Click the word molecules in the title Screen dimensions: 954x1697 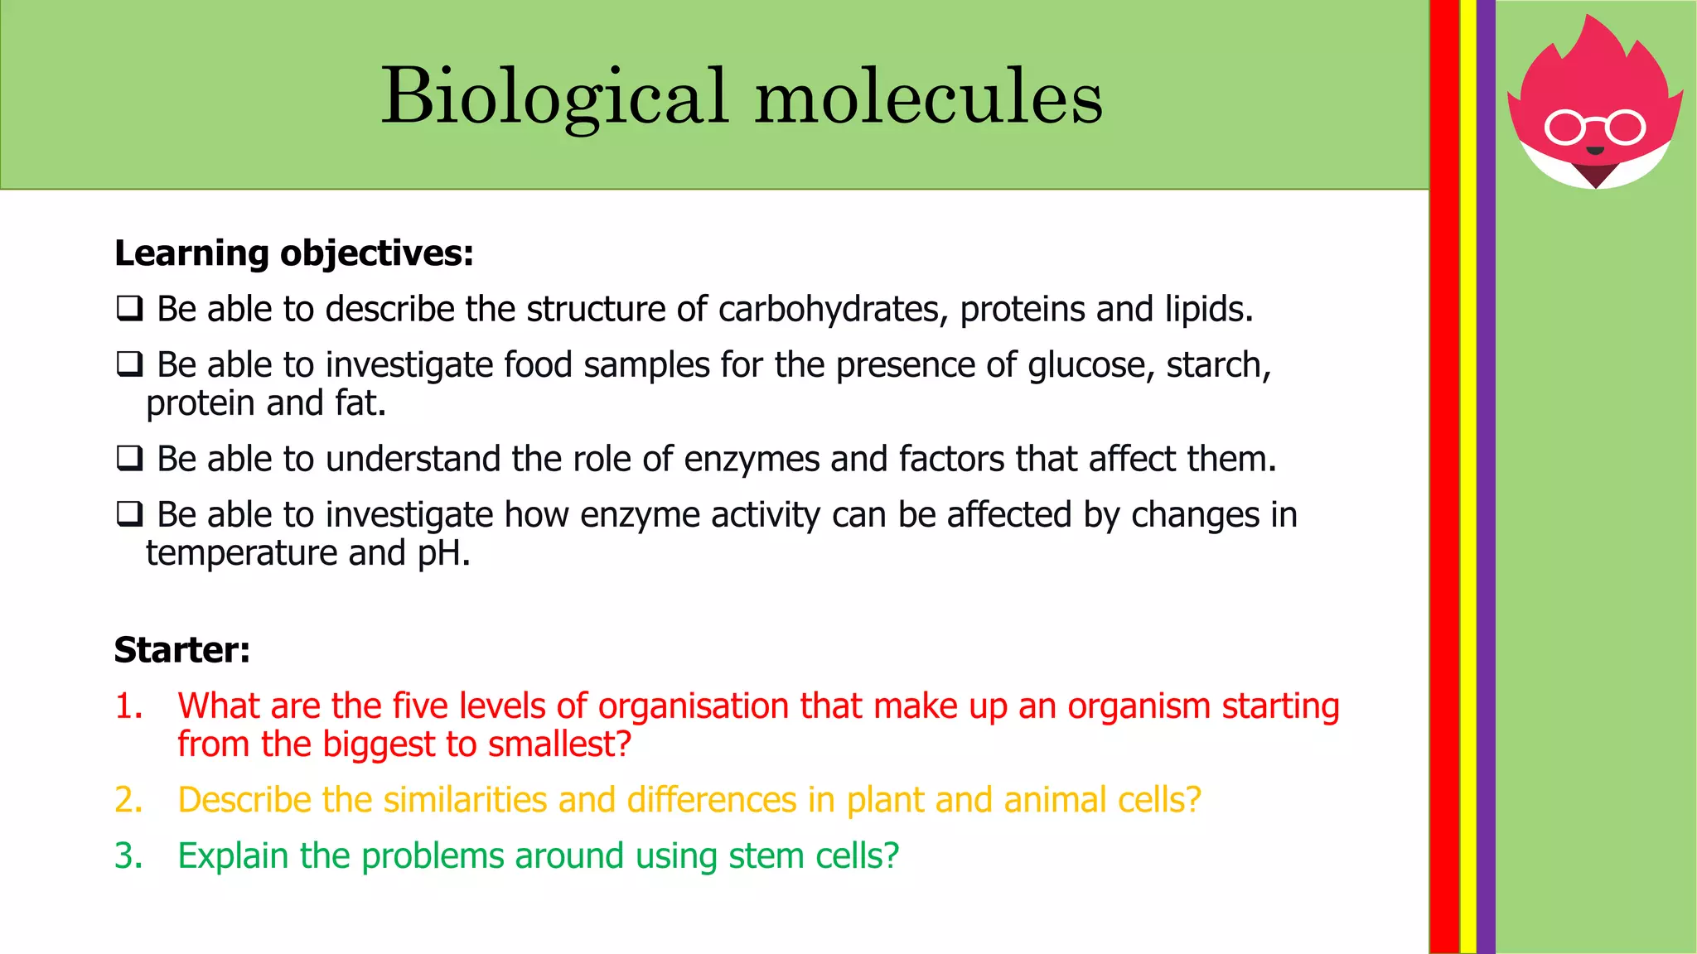pos(929,98)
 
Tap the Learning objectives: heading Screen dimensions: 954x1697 pos(294,253)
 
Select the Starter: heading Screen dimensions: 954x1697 pos(182,650)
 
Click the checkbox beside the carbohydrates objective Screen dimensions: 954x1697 pos(129,309)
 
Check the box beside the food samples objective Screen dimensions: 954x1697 pos(129,364)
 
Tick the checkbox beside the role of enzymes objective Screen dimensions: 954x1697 pos(129,458)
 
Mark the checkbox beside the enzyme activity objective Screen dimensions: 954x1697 pos(129,514)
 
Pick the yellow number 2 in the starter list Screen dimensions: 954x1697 pos(128,800)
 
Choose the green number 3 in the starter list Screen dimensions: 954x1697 pos(128,856)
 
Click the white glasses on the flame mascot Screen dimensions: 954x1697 pos(1595,128)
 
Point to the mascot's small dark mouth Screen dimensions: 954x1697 pos(1595,151)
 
